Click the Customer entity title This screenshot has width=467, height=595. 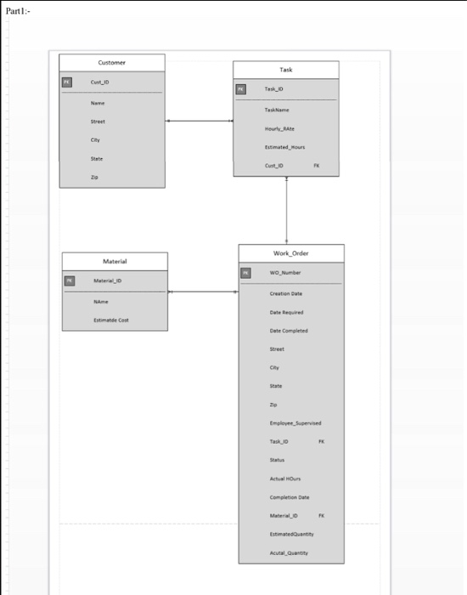pyautogui.click(x=111, y=63)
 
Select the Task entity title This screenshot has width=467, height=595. pyautogui.click(x=285, y=70)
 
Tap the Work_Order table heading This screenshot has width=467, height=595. pyautogui.click(x=290, y=253)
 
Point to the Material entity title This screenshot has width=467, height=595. pyautogui.click(x=115, y=261)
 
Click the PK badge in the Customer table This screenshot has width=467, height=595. pyautogui.click(x=67, y=82)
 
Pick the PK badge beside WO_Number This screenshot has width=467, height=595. pyautogui.click(x=245, y=273)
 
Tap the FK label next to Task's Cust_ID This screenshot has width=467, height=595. pyautogui.click(x=317, y=166)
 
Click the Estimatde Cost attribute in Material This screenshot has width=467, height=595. pyautogui.click(x=111, y=320)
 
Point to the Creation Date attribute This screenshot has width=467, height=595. pyautogui.click(x=286, y=293)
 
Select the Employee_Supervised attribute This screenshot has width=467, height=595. pyautogui.click(x=295, y=422)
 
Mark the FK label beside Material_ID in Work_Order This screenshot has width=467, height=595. pyautogui.click(x=321, y=515)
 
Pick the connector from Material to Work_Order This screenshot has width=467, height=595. pyautogui.click(x=203, y=292)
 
